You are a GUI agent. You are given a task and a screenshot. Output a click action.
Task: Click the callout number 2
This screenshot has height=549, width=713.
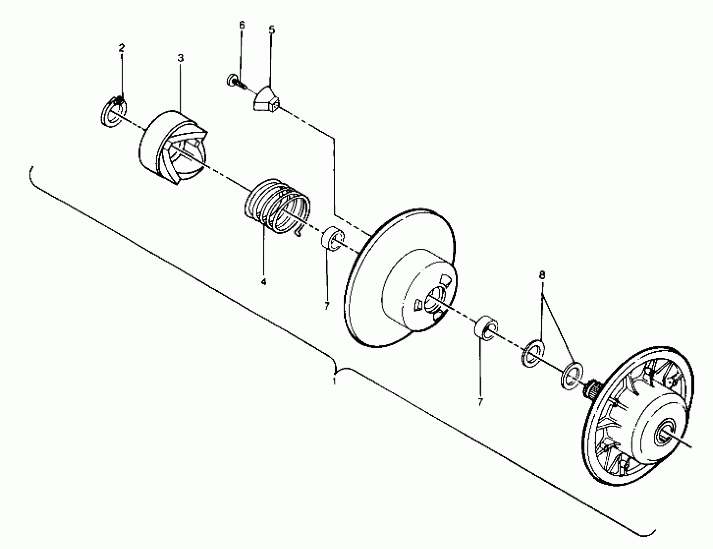(121, 48)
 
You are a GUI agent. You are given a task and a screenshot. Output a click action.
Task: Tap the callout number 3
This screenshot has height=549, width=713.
(181, 58)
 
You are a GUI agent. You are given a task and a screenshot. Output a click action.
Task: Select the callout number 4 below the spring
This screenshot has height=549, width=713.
(264, 281)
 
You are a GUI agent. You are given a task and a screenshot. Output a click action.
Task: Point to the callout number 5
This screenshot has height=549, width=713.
(272, 30)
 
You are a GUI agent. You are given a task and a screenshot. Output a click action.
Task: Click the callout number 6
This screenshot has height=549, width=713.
(242, 25)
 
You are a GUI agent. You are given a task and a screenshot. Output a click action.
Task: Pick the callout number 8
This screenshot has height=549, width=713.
(542, 275)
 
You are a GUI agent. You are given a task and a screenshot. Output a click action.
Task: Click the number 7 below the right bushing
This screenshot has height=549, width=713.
(480, 402)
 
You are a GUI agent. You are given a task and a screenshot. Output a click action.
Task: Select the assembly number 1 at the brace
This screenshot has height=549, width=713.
(334, 381)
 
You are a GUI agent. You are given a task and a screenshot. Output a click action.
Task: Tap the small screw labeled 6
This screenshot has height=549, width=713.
(235, 82)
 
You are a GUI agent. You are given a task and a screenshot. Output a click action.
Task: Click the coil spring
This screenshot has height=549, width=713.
(277, 208)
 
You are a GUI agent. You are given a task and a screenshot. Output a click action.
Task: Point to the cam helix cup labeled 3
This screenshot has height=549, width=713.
(173, 147)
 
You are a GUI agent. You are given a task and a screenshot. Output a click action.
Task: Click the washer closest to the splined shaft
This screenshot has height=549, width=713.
(572, 376)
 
